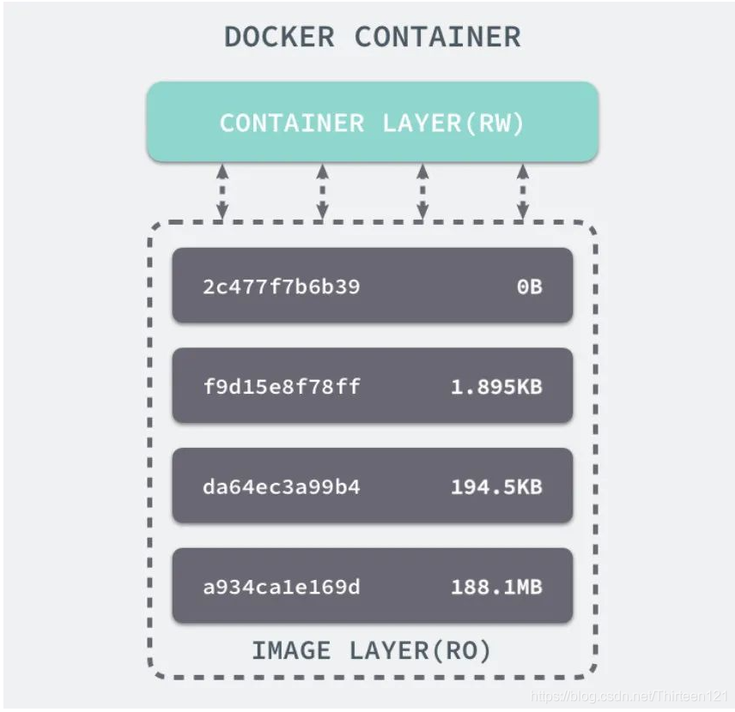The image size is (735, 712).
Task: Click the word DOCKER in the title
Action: click(279, 37)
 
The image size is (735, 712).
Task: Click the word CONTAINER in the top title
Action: click(437, 37)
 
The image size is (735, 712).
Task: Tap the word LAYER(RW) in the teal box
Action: click(453, 123)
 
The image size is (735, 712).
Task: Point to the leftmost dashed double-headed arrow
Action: click(222, 191)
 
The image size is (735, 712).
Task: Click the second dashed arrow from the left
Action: click(322, 191)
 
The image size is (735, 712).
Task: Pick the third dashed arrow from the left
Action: click(422, 191)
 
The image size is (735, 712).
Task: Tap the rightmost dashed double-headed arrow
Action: click(522, 191)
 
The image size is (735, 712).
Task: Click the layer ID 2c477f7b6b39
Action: click(281, 287)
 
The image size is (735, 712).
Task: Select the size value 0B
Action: click(529, 287)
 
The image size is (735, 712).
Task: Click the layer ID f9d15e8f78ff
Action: click(282, 387)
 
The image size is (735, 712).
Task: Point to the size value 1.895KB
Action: click(496, 387)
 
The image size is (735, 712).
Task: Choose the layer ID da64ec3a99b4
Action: click(282, 487)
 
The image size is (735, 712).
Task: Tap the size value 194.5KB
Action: click(496, 487)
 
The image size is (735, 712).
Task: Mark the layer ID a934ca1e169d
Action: click(282, 588)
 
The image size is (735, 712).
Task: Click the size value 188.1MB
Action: click(496, 588)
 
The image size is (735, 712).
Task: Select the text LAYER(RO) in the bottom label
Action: click(420, 650)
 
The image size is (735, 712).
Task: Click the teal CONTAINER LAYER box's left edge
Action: click(149, 122)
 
